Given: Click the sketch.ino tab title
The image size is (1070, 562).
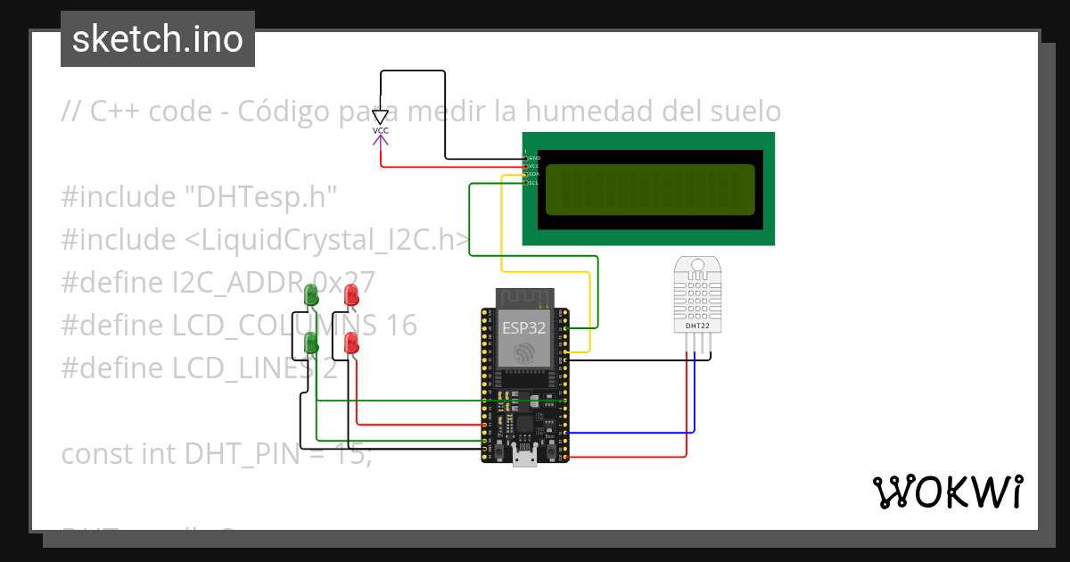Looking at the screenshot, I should (x=158, y=39).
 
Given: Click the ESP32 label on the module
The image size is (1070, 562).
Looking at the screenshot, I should (x=524, y=327).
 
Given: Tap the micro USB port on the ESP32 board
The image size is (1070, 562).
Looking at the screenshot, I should (x=524, y=459).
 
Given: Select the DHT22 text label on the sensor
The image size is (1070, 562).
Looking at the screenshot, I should (x=697, y=326).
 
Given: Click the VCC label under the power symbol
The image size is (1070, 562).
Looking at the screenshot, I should (x=381, y=131).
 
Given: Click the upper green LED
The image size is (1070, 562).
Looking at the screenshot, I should (x=311, y=294).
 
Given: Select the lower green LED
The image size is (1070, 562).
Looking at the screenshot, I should (x=311, y=343).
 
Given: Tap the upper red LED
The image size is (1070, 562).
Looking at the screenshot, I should (x=351, y=294).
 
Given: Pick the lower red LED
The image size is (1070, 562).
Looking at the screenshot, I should (x=351, y=343).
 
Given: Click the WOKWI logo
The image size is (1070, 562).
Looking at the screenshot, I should (x=947, y=492).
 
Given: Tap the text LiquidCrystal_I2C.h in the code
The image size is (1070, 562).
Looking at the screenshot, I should (x=334, y=239).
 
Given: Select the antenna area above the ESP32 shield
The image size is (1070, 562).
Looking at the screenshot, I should (x=524, y=297).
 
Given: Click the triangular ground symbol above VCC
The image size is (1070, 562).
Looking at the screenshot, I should (x=381, y=116).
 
